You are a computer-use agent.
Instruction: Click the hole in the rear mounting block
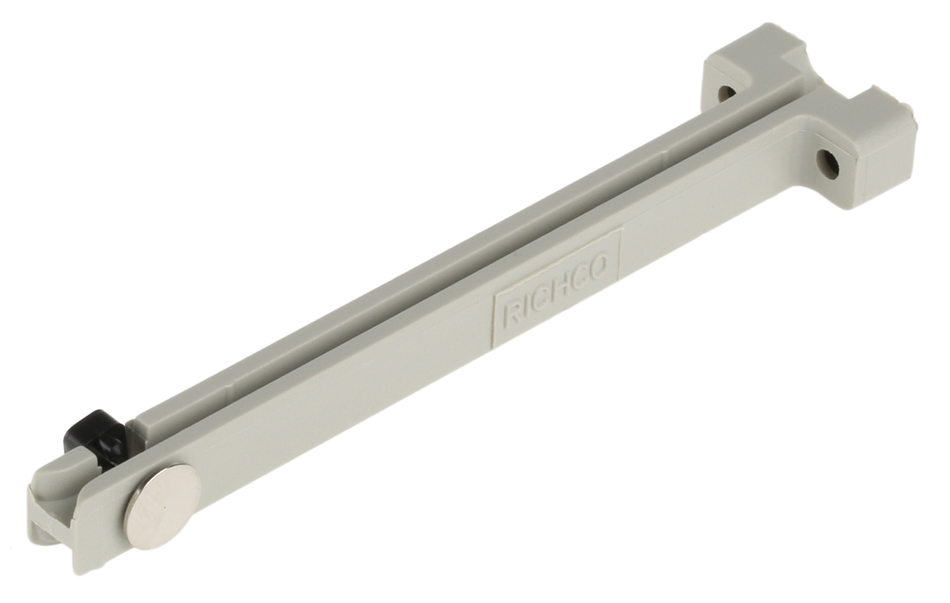(724, 92)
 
